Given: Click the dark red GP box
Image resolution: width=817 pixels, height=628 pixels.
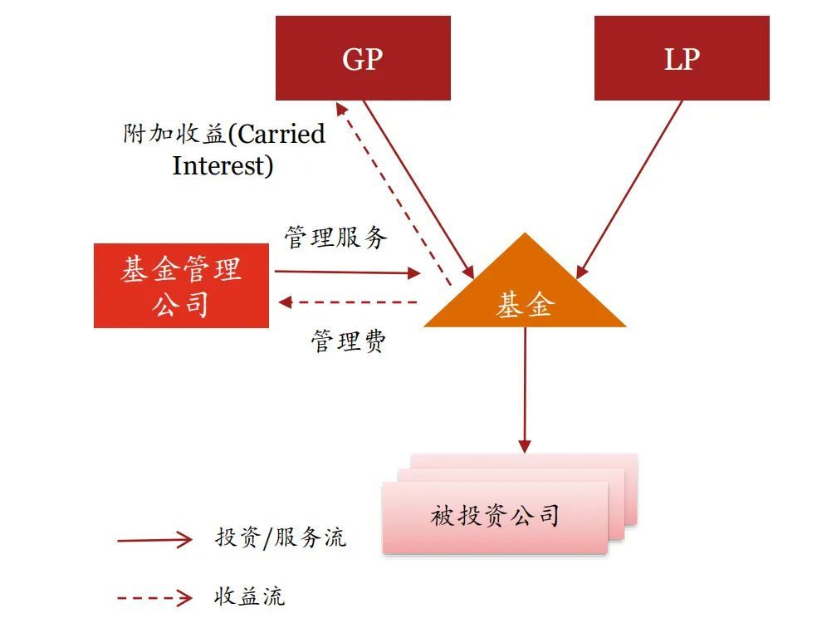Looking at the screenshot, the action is coord(363,58).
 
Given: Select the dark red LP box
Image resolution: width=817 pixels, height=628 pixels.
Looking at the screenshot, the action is coord(682,58).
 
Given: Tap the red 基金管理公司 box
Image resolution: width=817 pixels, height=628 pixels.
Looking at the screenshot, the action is coord(181,286).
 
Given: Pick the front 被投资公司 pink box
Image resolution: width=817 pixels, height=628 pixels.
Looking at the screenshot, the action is coord(495,517).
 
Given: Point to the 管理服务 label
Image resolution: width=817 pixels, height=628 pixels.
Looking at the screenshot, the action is coord(336,238).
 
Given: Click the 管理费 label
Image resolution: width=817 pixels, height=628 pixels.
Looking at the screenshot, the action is coord(349,341).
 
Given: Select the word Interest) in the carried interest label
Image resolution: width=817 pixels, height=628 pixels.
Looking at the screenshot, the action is coord(223,166).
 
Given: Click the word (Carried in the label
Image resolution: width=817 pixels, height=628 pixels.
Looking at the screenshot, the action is coord(276,134).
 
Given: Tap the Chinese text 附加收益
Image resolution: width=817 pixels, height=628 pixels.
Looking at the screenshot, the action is coord(175,134).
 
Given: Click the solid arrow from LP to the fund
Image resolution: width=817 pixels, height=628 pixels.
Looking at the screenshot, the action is coord(629,189).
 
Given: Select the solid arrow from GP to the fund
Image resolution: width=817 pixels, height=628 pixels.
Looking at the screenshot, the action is coord(418,189).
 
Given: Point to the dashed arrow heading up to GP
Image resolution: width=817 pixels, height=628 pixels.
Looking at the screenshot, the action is coord(394,194).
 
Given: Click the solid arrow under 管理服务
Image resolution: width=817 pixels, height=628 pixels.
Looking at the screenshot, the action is coord(348,272).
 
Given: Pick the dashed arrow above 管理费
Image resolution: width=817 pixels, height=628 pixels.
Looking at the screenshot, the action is coord(348,302).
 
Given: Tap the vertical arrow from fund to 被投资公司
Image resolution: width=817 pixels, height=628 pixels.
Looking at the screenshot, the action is coord(525,390).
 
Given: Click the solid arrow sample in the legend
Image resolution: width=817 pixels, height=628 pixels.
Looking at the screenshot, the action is coord(154,540).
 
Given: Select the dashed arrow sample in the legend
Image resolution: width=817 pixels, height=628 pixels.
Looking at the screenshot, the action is coord(154,598).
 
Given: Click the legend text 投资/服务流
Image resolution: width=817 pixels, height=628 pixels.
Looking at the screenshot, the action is coord(281,537).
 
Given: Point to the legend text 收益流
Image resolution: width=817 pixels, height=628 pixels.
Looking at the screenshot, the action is coord(250,596).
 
